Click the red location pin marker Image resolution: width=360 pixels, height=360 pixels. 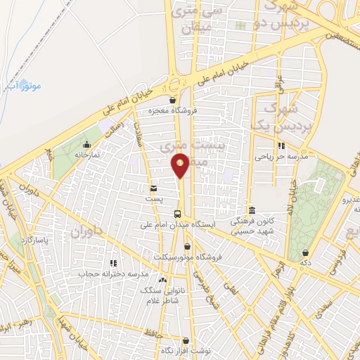pos(180,165)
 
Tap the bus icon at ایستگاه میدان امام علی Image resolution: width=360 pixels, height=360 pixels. pos(177,213)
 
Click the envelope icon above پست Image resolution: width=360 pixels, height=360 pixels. pos(153,188)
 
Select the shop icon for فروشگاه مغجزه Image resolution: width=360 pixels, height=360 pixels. pos(172,100)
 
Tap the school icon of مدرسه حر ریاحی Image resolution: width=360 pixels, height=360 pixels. pos(281,146)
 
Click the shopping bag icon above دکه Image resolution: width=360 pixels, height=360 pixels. pos(305,252)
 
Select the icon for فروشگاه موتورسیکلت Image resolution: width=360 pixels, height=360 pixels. pos(187,245)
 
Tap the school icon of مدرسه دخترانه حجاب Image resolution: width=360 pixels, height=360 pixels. pos(112,262)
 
